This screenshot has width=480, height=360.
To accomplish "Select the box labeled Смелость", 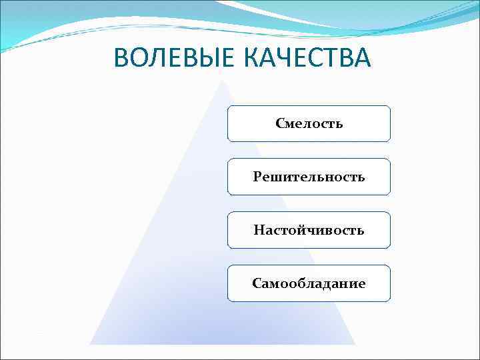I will [309, 123].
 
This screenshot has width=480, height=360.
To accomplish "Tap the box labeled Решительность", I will [309, 177].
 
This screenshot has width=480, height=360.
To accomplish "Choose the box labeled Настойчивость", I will [309, 230].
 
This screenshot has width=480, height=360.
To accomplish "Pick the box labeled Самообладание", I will [309, 283].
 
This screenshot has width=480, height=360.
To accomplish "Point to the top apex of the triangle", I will [223, 81].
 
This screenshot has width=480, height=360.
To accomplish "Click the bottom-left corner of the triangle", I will [90, 344].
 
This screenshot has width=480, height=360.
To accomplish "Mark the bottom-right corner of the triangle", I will [355, 344].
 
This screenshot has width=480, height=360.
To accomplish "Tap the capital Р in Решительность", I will [257, 177].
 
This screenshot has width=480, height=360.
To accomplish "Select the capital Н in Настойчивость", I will [258, 230].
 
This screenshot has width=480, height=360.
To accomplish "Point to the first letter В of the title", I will [122, 58].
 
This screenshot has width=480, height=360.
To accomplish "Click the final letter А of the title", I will [360, 58].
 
